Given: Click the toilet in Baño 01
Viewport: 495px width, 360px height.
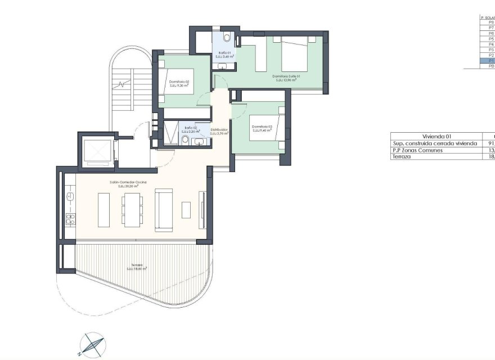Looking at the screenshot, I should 226,38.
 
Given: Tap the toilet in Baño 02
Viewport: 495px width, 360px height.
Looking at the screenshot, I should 185,139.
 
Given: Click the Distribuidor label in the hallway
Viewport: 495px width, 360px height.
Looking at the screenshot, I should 219,131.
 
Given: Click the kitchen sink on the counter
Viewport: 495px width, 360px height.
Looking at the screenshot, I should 71,196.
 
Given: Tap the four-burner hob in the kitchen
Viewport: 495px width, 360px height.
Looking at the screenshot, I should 71,219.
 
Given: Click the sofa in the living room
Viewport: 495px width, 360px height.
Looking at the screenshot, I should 164,210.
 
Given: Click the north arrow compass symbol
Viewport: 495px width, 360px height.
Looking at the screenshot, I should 91,344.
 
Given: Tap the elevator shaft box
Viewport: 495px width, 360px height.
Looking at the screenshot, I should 98,151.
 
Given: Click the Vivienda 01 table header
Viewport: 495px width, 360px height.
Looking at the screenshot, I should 436,136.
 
